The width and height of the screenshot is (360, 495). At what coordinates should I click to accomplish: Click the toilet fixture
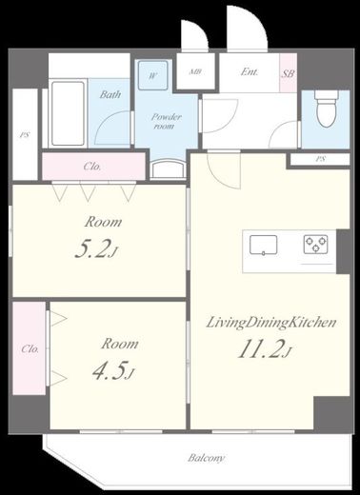[x=327, y=109]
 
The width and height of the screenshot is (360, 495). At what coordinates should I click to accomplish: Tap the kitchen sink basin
[x=263, y=245]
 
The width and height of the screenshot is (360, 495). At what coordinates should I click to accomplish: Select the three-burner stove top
[x=315, y=244]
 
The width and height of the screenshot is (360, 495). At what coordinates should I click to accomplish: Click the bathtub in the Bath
[x=68, y=113]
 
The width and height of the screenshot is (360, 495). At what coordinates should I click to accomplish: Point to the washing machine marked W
[x=153, y=75]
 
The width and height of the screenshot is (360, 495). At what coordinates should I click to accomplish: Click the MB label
[x=195, y=71]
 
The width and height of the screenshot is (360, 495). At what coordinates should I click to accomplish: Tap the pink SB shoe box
[x=288, y=73]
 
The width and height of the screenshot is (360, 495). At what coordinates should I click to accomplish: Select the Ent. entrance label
[x=250, y=71]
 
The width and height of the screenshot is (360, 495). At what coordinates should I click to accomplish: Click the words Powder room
[x=166, y=121]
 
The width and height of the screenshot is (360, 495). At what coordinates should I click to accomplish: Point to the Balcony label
[x=206, y=458]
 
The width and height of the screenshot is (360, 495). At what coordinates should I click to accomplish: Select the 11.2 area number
[x=265, y=349]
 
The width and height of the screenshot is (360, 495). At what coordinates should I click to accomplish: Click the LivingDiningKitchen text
[x=271, y=323]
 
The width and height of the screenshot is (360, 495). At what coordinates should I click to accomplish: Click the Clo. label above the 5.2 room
[x=92, y=167]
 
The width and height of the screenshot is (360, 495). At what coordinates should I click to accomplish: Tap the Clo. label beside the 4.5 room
[x=30, y=349]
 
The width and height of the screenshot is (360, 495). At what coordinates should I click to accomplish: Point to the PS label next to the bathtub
[x=25, y=134]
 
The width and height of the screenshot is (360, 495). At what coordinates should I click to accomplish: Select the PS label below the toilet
[x=320, y=159]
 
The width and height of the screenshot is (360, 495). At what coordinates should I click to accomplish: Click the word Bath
[x=110, y=94]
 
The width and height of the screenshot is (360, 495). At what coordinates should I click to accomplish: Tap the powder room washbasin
[x=168, y=168]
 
